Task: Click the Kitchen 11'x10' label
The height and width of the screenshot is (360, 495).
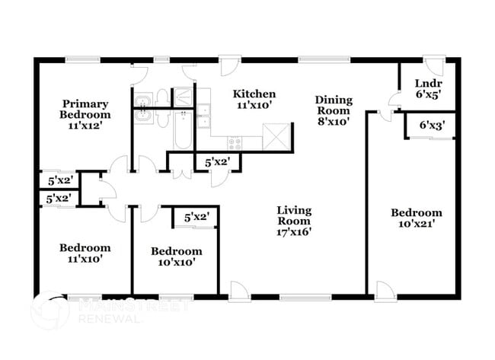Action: pyautogui.click(x=254, y=99)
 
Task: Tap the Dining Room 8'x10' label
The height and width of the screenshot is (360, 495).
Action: pyautogui.click(x=334, y=105)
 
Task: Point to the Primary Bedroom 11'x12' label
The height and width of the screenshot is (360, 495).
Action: pyautogui.click(x=86, y=114)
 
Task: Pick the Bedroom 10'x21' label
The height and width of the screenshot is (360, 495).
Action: pyautogui.click(x=416, y=218)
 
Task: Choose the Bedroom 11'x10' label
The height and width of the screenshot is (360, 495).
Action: pyautogui.click(x=85, y=253)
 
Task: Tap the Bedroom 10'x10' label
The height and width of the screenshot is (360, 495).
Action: pyautogui.click(x=176, y=256)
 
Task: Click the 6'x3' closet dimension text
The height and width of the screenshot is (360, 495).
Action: pyautogui.click(x=432, y=125)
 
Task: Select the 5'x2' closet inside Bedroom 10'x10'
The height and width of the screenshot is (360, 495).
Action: pyautogui.click(x=196, y=218)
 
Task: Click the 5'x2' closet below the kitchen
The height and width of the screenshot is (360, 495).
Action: pyautogui.click(x=218, y=162)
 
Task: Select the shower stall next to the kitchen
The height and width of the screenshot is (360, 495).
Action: pyautogui.click(x=184, y=97)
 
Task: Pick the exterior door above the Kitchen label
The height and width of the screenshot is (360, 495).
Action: pyautogui.click(x=228, y=65)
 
